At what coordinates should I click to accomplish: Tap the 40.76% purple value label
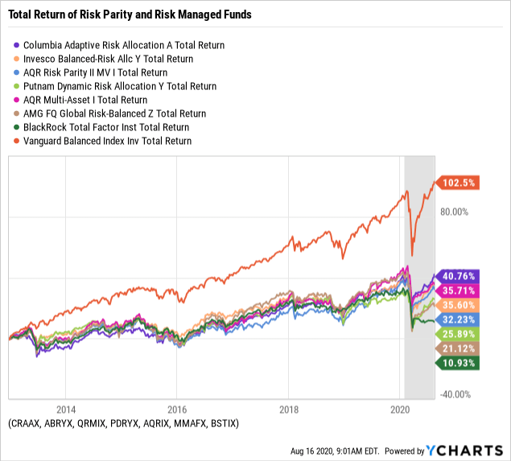[457, 275]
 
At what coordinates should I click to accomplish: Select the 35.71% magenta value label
[457, 290]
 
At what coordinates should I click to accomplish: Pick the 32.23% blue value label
[457, 319]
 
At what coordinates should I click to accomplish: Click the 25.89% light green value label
[457, 333]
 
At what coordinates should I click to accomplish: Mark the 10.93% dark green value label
[457, 363]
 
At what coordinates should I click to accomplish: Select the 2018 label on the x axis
[289, 408]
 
